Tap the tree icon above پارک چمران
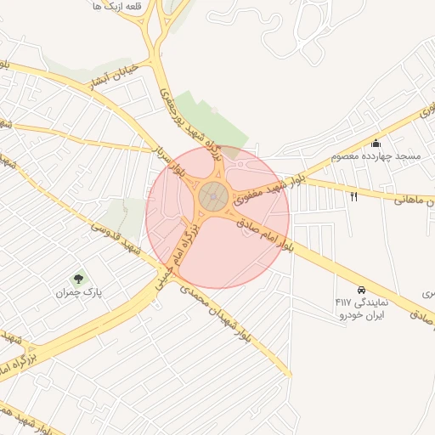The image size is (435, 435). point(79,278)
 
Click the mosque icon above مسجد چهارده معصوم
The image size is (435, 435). point(376,143)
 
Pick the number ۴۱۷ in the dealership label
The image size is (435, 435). point(343,302)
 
